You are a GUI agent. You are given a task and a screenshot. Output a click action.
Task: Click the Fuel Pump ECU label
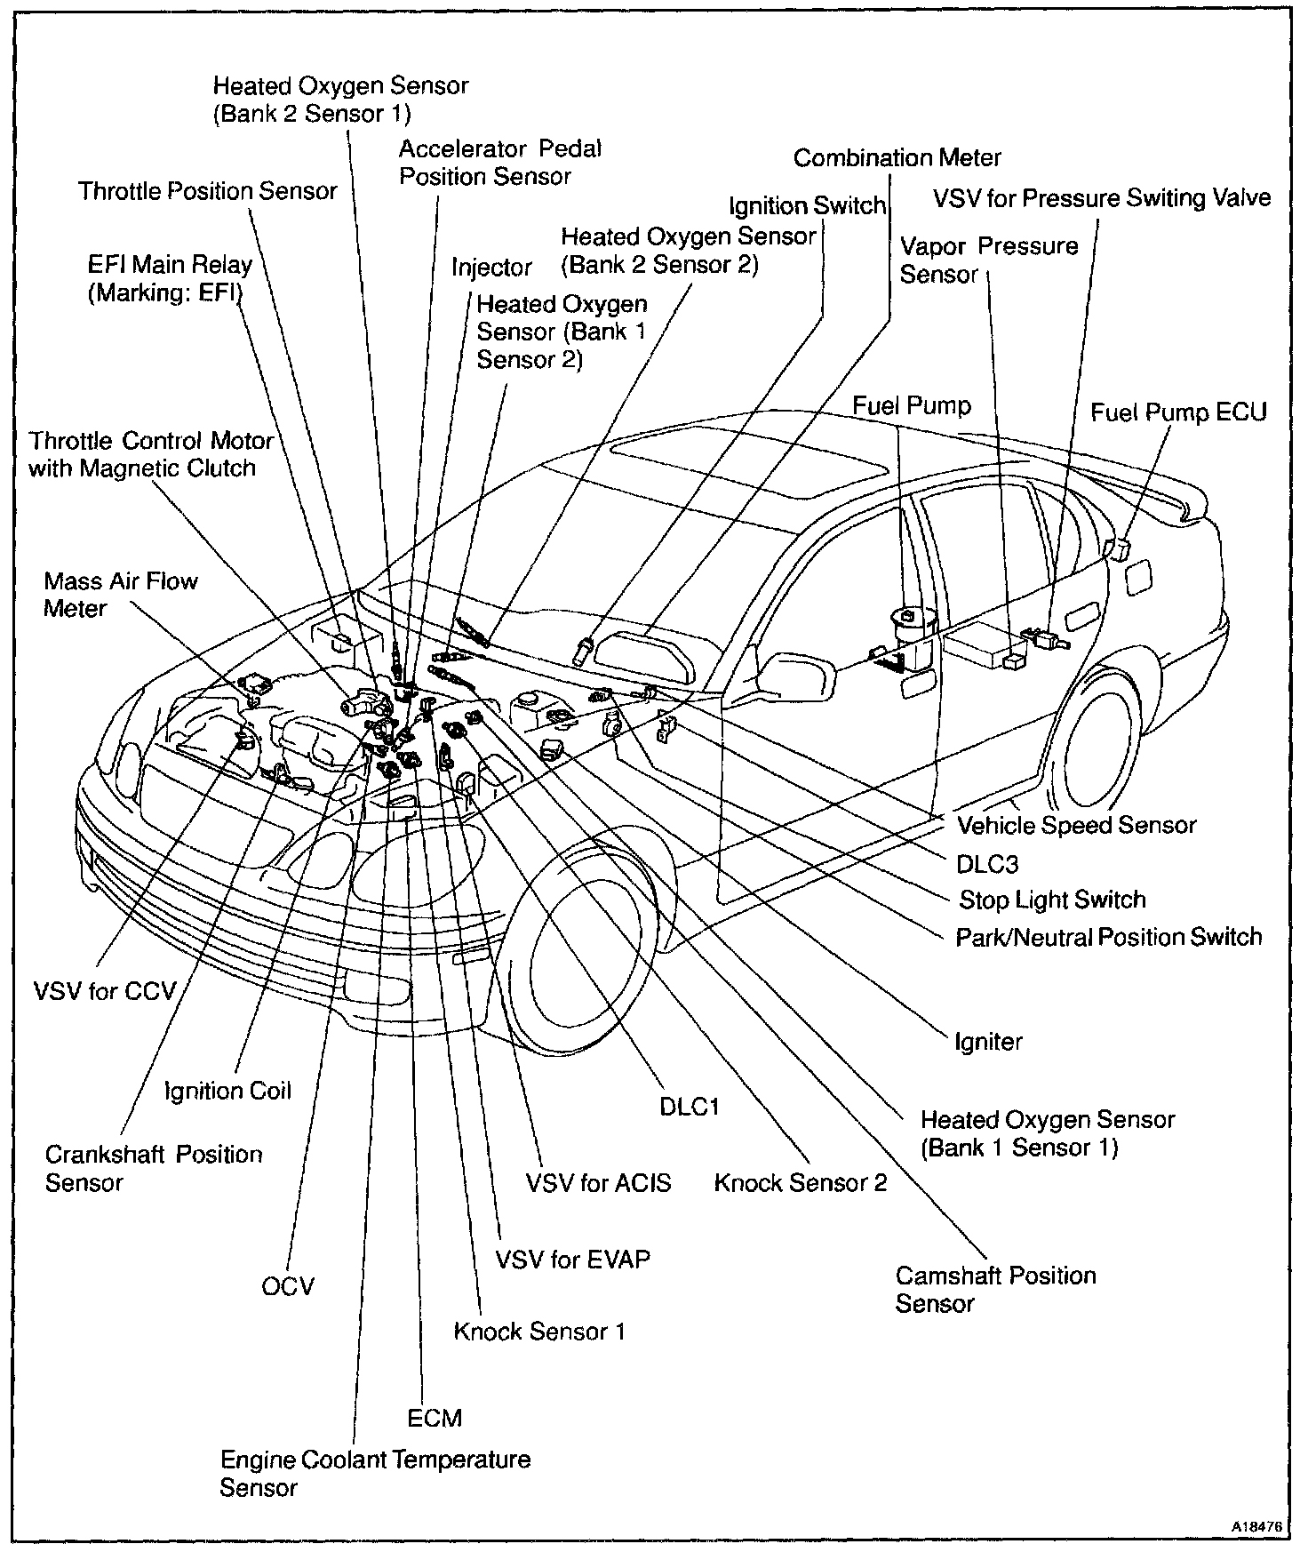click(x=1178, y=412)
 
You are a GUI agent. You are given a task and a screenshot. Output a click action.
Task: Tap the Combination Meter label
click(x=897, y=158)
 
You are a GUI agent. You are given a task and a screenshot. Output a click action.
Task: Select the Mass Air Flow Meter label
click(x=120, y=595)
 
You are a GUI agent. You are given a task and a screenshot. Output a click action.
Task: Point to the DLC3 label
click(x=987, y=863)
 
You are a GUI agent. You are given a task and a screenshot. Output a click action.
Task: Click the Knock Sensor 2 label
click(x=801, y=1182)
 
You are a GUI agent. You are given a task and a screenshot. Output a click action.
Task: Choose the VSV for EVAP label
click(x=572, y=1259)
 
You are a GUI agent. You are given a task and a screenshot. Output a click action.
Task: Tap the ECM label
click(x=435, y=1418)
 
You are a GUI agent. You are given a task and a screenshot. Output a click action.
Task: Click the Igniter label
click(x=988, y=1041)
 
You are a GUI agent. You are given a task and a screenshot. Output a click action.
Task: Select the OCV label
click(x=288, y=1286)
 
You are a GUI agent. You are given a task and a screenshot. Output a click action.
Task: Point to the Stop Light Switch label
click(x=1052, y=900)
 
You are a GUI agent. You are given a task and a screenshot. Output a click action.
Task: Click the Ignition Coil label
click(x=228, y=1091)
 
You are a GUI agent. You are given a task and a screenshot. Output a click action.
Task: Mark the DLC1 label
click(x=689, y=1107)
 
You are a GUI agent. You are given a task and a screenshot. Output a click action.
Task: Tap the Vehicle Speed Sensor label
click(x=1076, y=825)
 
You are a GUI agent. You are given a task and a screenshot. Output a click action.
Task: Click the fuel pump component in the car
click(x=908, y=631)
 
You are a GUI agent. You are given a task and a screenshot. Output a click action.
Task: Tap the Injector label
click(x=491, y=268)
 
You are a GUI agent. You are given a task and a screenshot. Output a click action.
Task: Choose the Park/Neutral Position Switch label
click(x=1108, y=937)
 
